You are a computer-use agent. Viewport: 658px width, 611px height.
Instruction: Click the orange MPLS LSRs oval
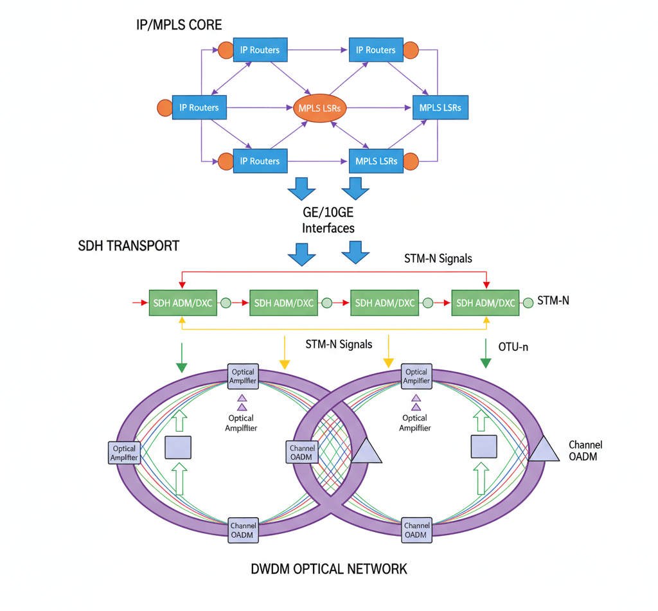tap(320, 108)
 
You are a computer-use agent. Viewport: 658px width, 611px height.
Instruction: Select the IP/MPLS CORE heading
tap(179, 25)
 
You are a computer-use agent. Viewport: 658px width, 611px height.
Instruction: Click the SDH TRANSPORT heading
tap(129, 245)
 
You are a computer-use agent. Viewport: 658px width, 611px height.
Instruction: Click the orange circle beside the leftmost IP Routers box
tap(165, 107)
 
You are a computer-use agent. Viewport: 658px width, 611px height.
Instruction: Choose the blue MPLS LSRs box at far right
tap(440, 107)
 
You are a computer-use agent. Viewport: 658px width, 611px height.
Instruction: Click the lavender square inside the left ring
tap(178, 447)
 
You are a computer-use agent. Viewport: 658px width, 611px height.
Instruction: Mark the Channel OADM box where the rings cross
tap(301, 452)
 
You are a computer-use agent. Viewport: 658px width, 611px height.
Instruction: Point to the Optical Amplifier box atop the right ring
tap(416, 376)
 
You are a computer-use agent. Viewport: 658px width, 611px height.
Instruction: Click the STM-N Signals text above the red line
tap(438, 259)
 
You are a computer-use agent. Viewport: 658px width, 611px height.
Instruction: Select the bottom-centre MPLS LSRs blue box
tap(376, 161)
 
